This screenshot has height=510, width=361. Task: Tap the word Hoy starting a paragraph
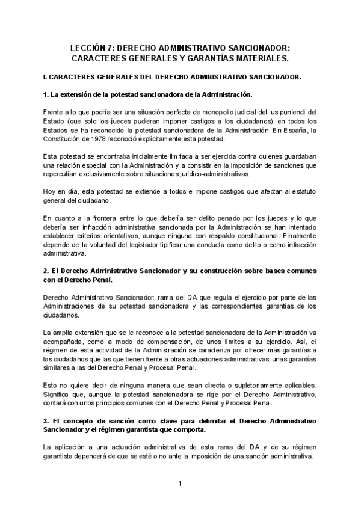[51, 191]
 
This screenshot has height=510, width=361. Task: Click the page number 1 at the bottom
[180, 484]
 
